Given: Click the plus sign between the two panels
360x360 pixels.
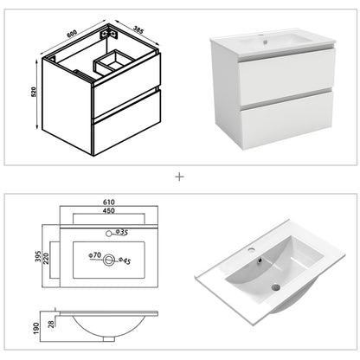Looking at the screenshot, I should (x=180, y=177).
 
